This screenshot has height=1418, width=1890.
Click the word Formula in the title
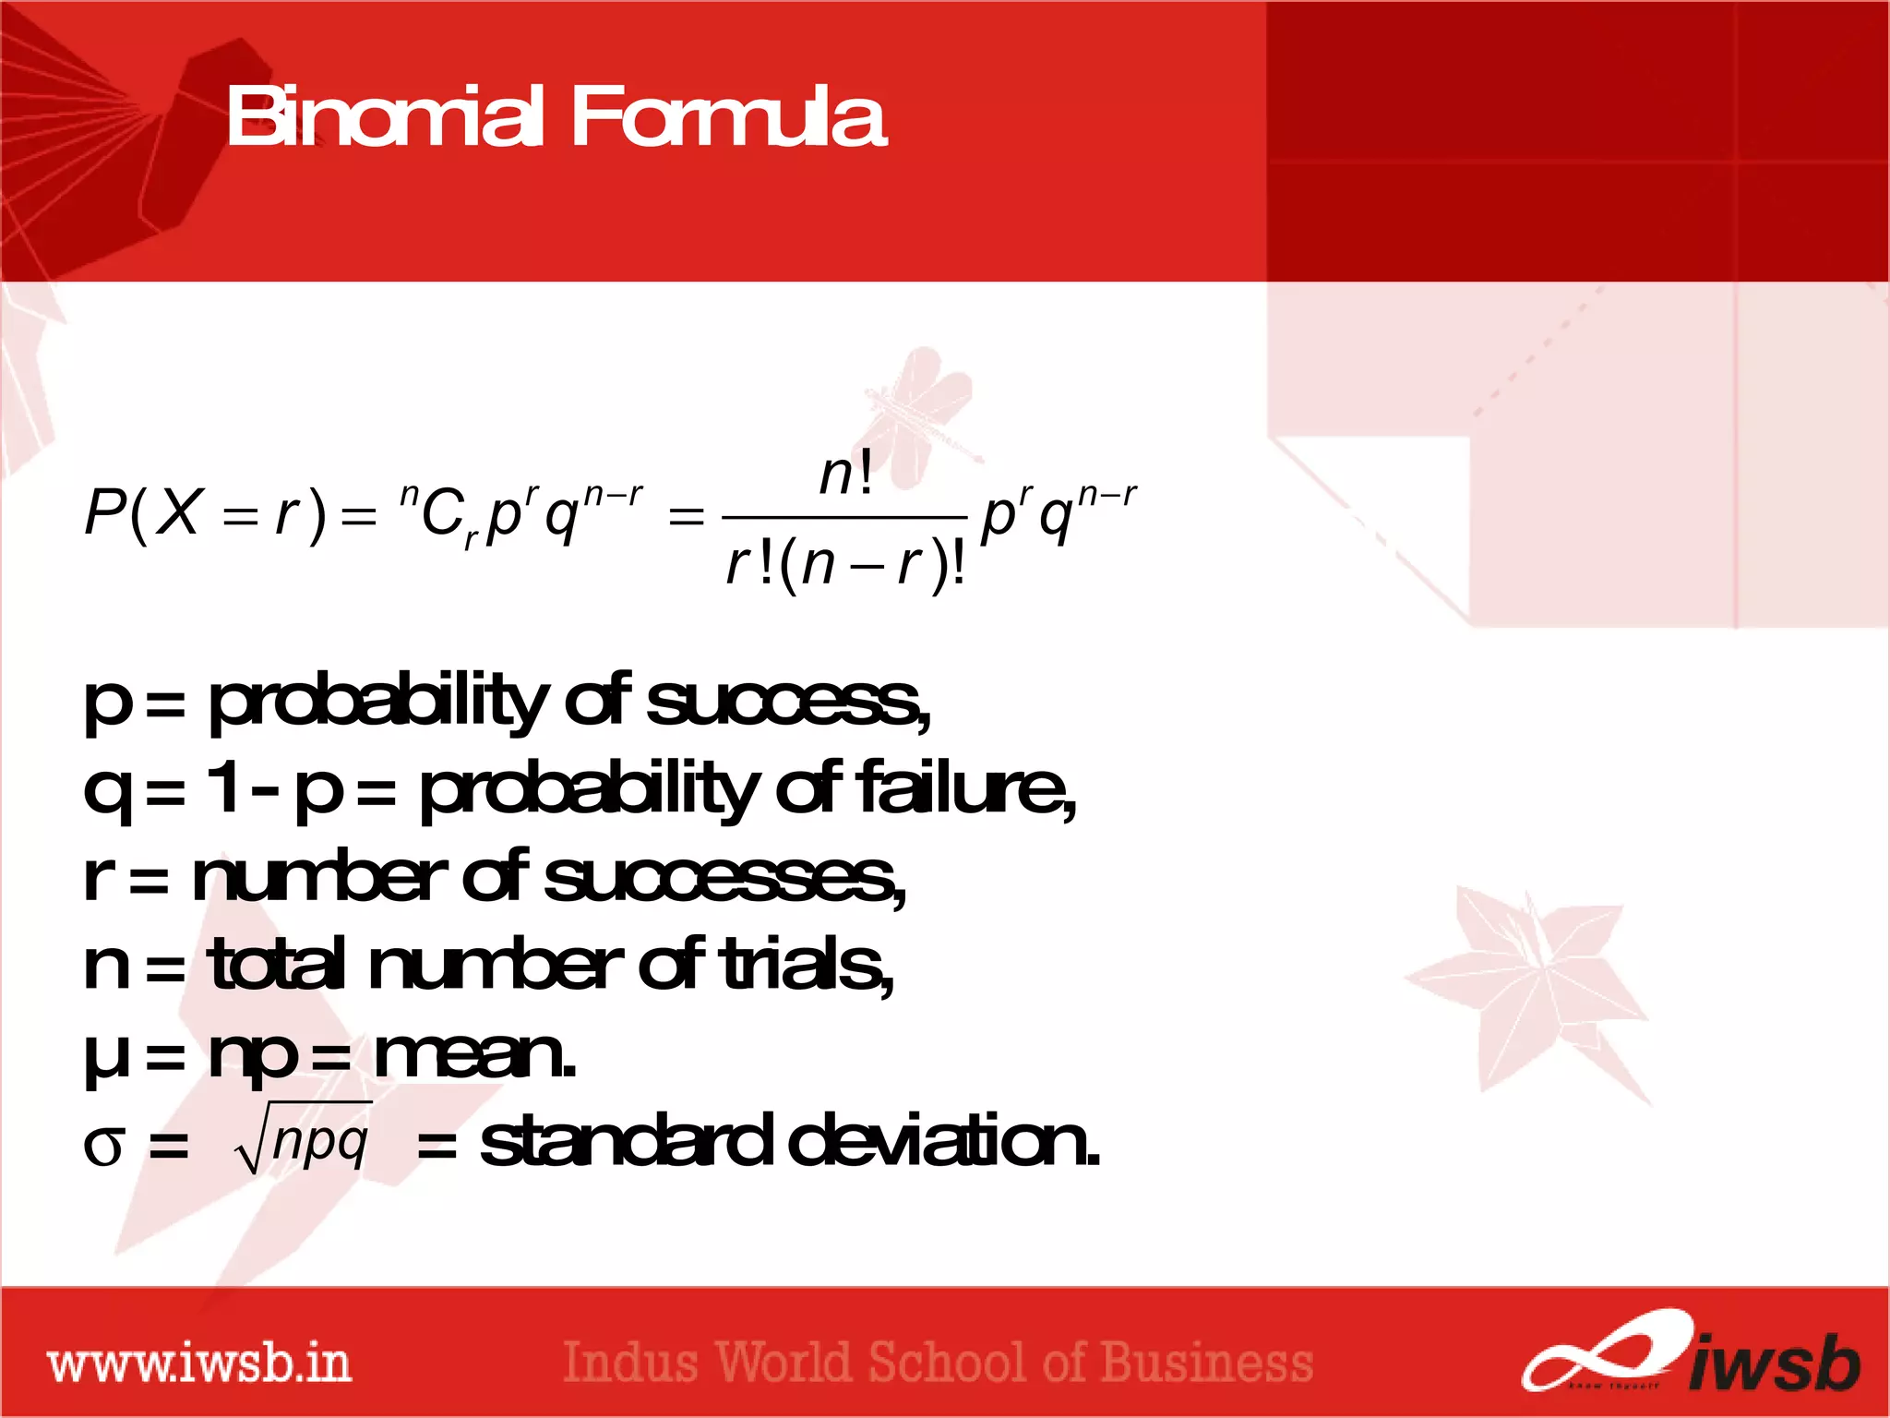(x=728, y=117)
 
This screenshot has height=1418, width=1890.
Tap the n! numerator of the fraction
(x=845, y=475)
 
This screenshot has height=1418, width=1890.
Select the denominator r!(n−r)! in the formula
(x=845, y=564)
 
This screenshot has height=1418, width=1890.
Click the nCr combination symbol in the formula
(x=437, y=515)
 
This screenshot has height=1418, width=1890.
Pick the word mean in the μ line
(x=472, y=1054)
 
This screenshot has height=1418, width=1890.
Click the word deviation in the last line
(x=942, y=1141)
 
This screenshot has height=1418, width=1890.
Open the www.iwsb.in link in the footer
(x=199, y=1364)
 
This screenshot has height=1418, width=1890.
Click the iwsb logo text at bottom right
(x=1772, y=1363)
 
